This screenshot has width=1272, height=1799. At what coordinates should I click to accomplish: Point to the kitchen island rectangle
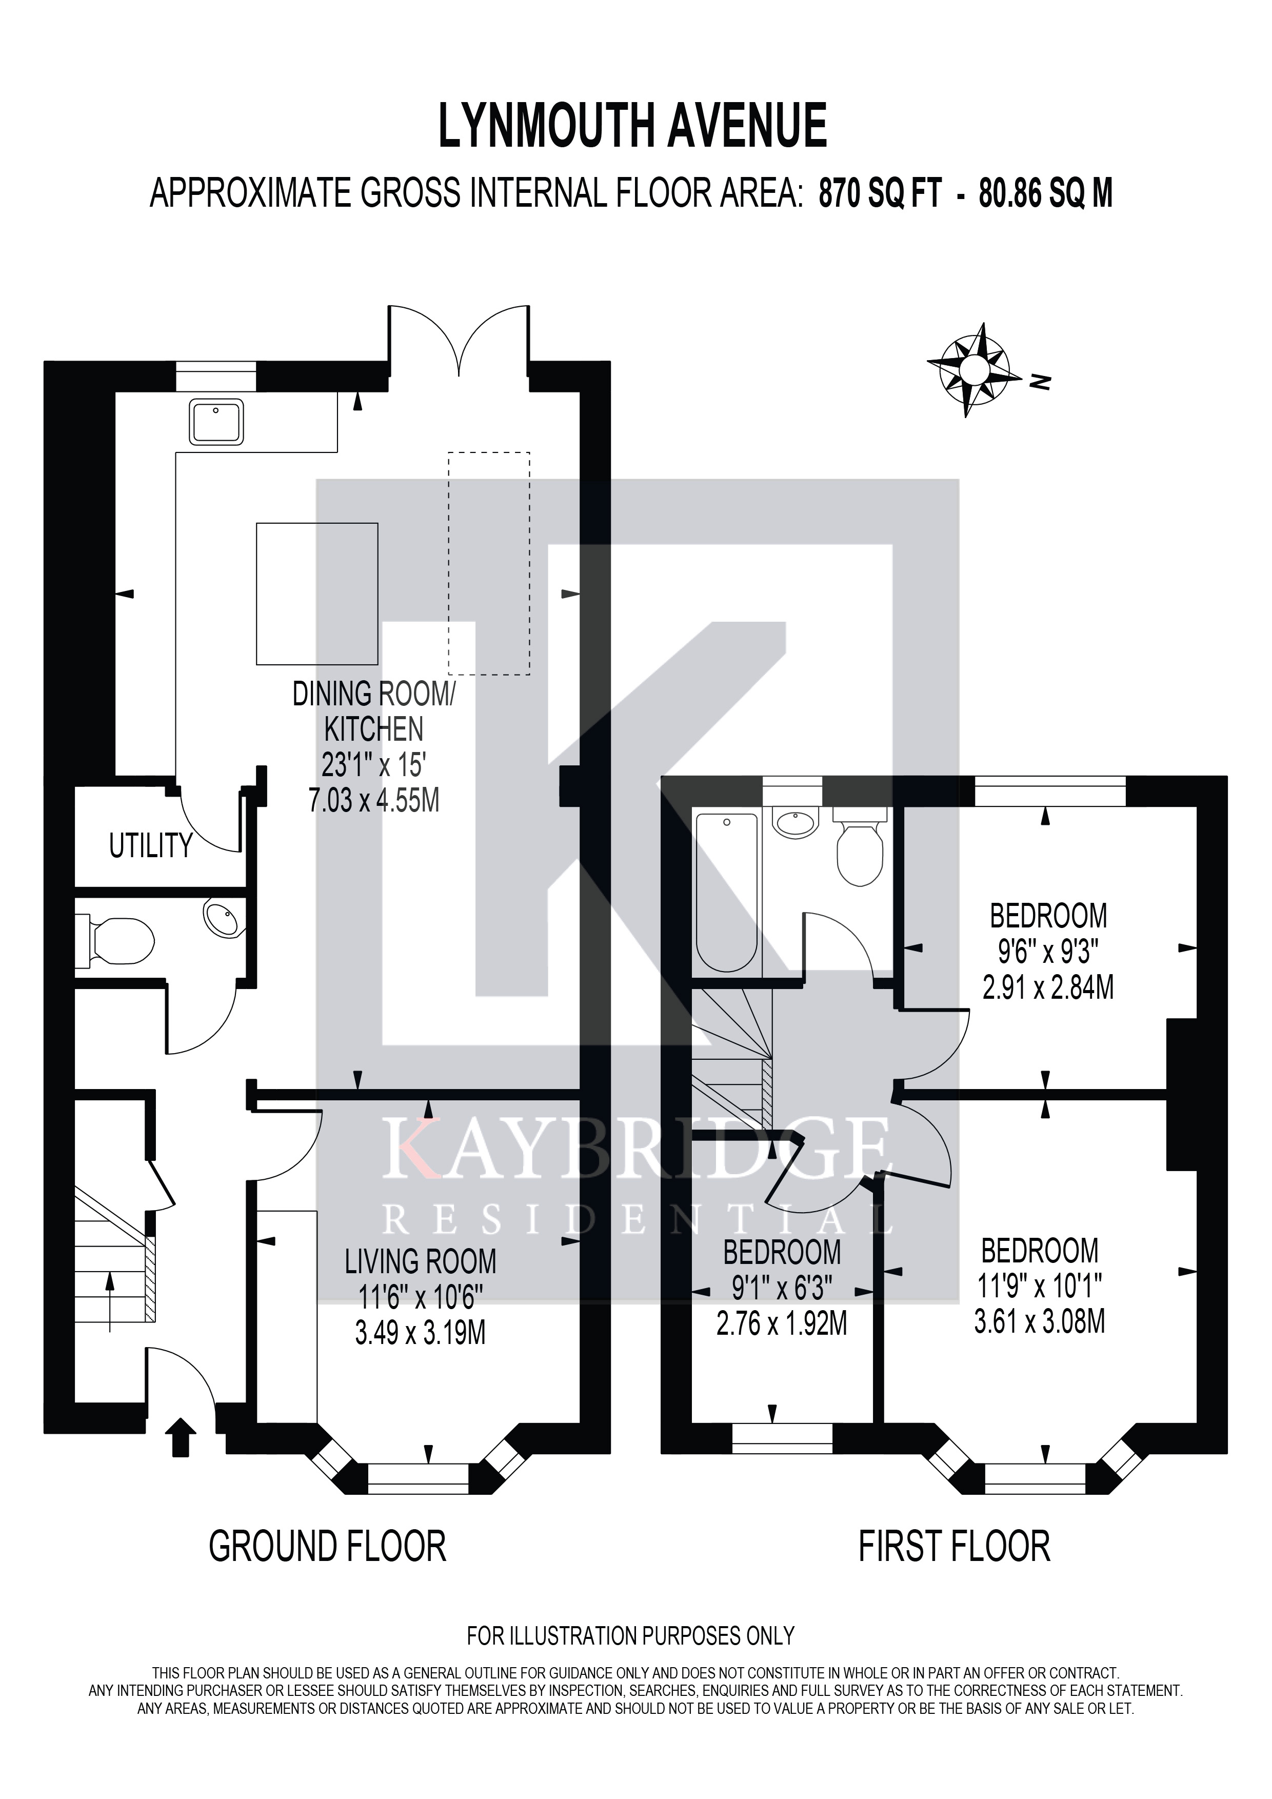click(317, 594)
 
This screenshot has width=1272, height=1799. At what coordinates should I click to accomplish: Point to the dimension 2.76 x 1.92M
click(782, 1324)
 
